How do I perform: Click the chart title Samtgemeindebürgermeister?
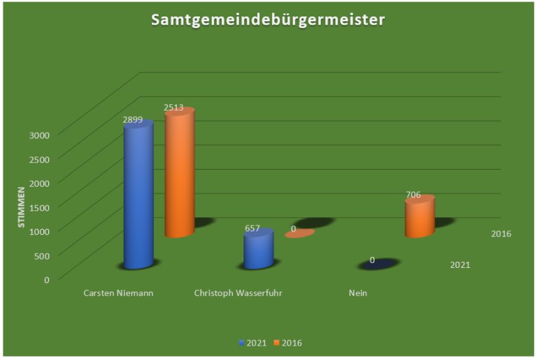point(268,20)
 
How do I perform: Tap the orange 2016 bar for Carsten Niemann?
point(179,175)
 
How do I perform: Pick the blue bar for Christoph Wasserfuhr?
point(259,250)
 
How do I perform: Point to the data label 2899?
point(133,120)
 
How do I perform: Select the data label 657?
point(254,228)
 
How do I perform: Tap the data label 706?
point(413,194)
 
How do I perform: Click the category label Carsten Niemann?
point(118,293)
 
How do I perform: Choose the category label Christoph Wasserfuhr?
point(238,293)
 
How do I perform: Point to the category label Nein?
point(357,293)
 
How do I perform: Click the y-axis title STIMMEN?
point(21,207)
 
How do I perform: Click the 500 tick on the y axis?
point(41,255)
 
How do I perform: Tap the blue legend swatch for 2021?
point(241,342)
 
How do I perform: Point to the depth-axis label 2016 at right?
point(501,234)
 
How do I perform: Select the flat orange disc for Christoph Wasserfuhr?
point(300,234)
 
